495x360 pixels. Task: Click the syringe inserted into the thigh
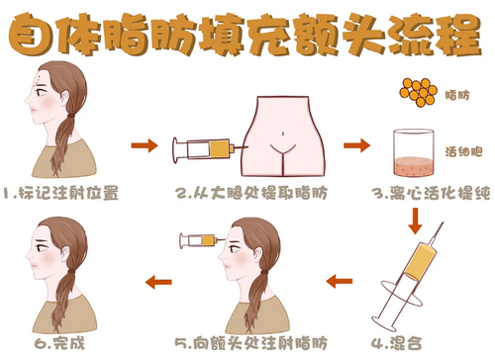pos(205,150)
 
